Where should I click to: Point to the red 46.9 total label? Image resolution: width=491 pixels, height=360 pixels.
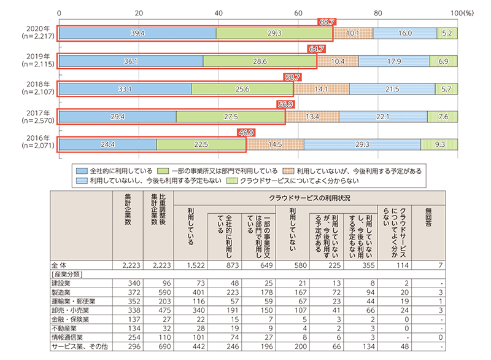(246, 132)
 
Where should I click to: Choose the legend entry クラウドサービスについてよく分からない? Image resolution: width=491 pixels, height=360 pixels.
(288, 181)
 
